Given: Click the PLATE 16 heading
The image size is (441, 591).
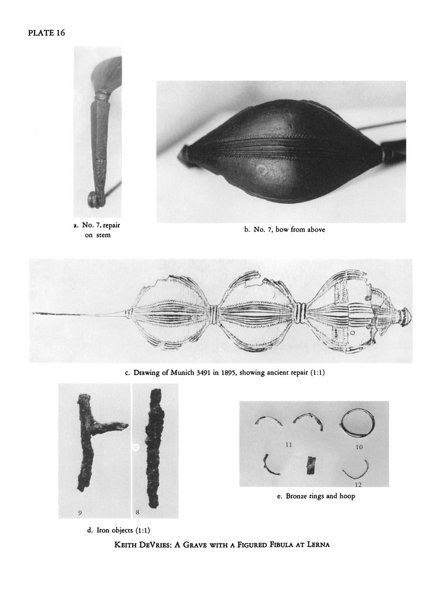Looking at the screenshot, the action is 46,33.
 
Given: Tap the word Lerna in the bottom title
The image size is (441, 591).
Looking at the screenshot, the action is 318,544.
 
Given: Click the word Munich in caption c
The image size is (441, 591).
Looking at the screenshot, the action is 182,373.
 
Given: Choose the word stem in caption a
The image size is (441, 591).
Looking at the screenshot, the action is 103,235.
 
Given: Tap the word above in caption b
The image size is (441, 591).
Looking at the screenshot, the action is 316,230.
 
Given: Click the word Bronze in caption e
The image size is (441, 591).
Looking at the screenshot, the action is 297,496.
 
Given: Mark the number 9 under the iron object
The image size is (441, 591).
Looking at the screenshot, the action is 80,513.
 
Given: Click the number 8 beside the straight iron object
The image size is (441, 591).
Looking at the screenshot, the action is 137,513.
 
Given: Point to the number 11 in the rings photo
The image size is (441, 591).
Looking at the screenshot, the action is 289,445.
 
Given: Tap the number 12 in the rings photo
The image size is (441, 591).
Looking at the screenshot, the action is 358,485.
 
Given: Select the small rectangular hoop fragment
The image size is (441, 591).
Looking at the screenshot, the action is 311,465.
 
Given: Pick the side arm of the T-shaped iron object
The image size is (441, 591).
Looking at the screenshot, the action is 111,427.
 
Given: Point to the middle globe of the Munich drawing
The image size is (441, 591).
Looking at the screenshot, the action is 256,311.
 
